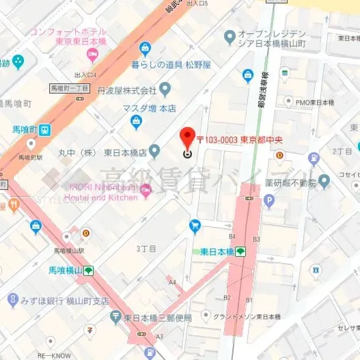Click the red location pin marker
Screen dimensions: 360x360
[188, 136]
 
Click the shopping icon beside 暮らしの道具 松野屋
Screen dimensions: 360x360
[144, 47]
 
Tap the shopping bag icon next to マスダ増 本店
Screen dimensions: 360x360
[137, 122]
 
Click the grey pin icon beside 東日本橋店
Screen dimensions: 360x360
[155, 151]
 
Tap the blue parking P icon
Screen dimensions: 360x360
[269, 201]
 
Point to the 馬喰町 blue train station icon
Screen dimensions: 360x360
[44, 129]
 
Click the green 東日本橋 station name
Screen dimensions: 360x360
[217, 251]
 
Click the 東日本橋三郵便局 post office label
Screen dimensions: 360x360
[160, 318]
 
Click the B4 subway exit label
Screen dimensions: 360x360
[232, 236]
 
